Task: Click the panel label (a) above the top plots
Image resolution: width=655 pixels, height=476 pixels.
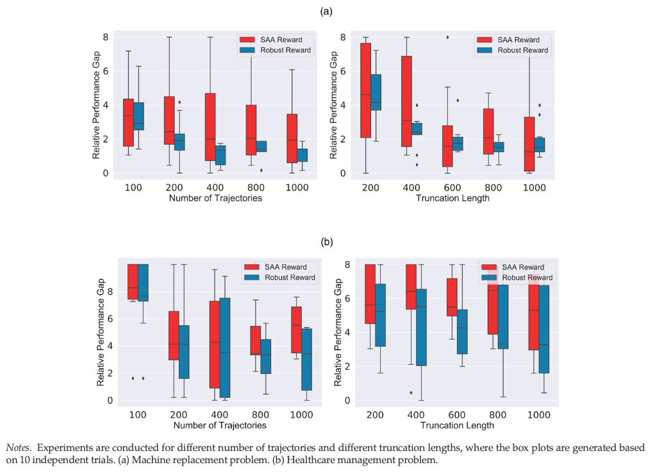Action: pyautogui.click(x=326, y=12)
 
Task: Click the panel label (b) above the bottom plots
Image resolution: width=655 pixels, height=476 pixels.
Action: pyautogui.click(x=327, y=242)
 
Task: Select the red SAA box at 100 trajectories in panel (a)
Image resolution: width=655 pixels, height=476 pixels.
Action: pyautogui.click(x=128, y=123)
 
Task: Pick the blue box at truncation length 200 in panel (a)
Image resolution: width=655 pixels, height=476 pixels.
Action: pyautogui.click(x=376, y=92)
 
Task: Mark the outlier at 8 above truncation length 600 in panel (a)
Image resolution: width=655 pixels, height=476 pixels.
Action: pyautogui.click(x=447, y=37)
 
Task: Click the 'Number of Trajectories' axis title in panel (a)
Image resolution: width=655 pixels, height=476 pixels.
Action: pyautogui.click(x=215, y=198)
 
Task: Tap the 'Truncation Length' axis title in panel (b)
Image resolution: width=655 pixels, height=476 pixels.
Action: pyautogui.click(x=457, y=425)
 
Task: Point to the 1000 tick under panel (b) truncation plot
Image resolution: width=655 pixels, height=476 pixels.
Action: pyautogui.click(x=539, y=415)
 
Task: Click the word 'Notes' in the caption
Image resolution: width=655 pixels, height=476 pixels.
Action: pyautogui.click(x=17, y=448)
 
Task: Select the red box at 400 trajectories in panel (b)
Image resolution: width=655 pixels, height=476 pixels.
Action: pyautogui.click(x=215, y=344)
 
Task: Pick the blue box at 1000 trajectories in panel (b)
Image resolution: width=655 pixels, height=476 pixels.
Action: pyautogui.click(x=306, y=359)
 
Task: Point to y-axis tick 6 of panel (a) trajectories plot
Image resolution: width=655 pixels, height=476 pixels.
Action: pyautogui.click(x=106, y=71)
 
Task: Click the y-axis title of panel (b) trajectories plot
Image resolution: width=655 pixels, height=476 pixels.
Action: pyautogui.click(x=100, y=332)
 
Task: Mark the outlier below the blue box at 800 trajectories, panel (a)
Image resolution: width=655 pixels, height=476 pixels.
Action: pyautogui.click(x=261, y=170)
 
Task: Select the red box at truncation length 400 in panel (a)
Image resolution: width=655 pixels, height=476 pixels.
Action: pyautogui.click(x=406, y=101)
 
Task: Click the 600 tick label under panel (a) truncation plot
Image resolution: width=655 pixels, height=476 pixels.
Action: pyautogui.click(x=452, y=187)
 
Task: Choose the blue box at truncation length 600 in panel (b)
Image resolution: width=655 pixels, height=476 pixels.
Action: pyautogui.click(x=462, y=332)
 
